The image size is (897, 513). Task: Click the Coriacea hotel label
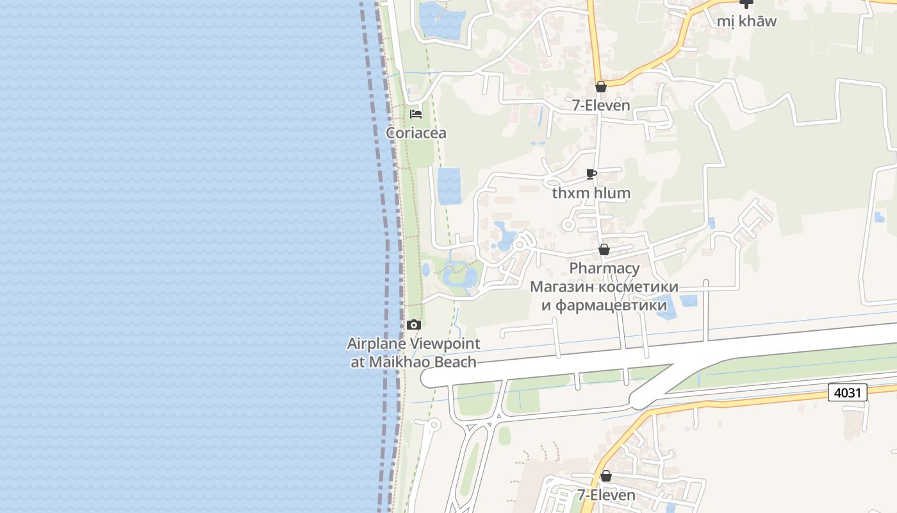(x=416, y=133)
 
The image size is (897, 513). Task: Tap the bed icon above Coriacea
(x=416, y=115)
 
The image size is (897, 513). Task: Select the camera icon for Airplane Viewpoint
(x=414, y=324)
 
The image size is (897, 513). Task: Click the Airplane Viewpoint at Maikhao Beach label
(x=413, y=353)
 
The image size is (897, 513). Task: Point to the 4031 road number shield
(x=847, y=392)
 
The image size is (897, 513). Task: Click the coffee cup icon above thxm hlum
(x=591, y=174)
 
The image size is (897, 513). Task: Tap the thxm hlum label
(x=591, y=192)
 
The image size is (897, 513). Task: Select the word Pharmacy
(x=604, y=268)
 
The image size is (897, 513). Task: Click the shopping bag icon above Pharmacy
(x=604, y=249)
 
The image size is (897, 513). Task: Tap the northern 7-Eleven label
(x=601, y=105)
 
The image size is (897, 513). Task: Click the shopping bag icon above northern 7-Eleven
(x=601, y=87)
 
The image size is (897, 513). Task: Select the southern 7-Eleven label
(x=606, y=495)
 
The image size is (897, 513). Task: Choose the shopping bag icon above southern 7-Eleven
(x=606, y=476)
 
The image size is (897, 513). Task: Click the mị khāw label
(x=746, y=21)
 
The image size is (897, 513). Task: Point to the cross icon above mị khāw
(x=746, y=3)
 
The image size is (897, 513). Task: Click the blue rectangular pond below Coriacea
(x=449, y=186)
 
